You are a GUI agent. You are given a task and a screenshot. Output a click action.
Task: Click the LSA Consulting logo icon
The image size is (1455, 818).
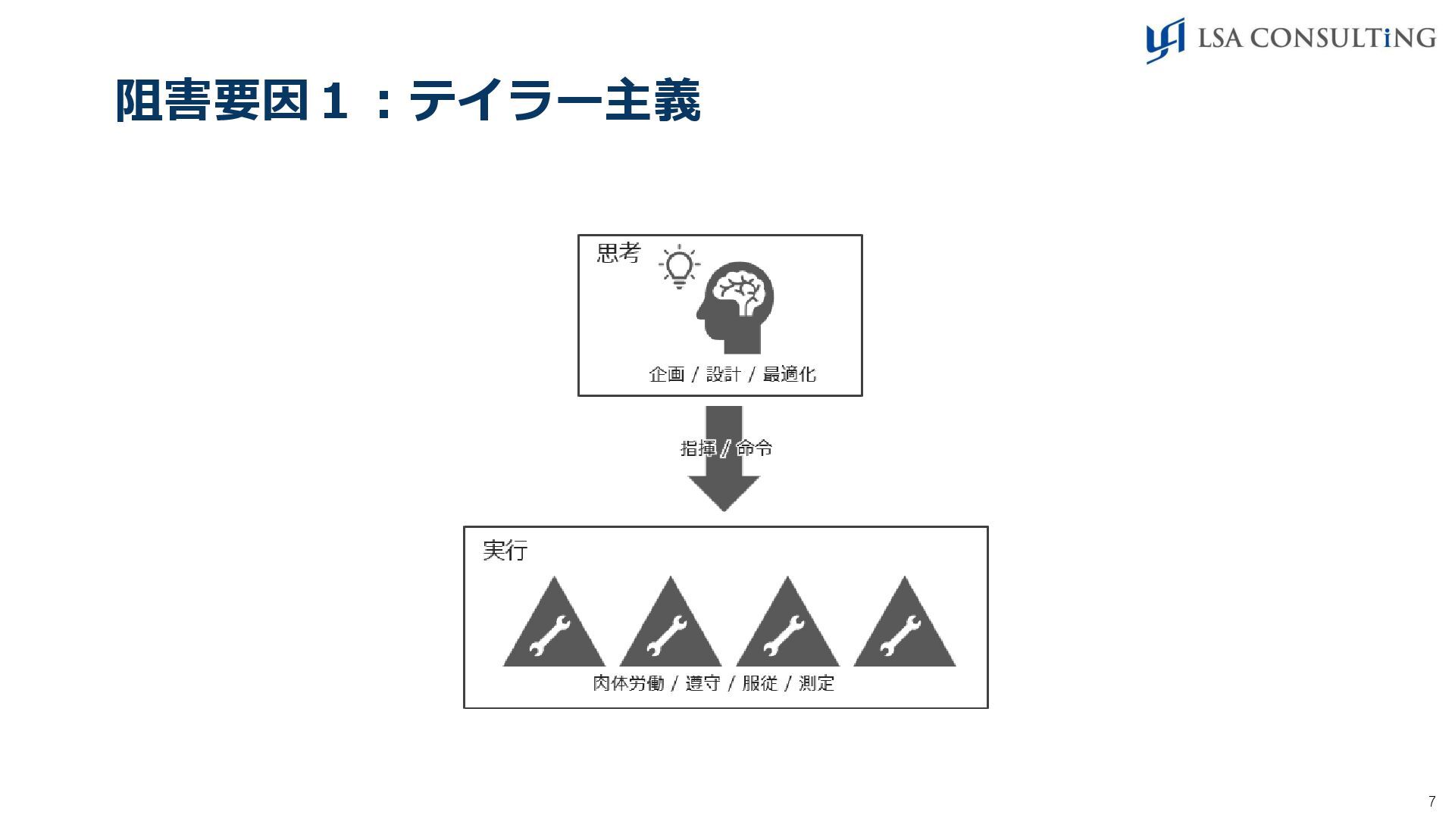(1165, 40)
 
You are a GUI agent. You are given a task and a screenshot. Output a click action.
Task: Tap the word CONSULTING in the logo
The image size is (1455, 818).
(1342, 38)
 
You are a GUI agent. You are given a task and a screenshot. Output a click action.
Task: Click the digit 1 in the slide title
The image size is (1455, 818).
(333, 101)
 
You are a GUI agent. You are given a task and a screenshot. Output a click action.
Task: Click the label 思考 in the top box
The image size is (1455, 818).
(618, 253)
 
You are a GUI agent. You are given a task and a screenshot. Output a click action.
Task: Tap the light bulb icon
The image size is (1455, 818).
(679, 267)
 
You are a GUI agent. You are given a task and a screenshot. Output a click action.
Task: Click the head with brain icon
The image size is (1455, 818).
(736, 307)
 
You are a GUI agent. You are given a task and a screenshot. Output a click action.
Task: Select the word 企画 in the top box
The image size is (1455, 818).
(667, 374)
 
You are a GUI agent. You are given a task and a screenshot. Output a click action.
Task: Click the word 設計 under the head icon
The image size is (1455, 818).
(723, 374)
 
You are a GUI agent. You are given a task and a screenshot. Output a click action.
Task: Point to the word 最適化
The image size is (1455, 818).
(789, 374)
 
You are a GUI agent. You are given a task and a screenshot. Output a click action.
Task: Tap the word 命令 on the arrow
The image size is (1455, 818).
(755, 448)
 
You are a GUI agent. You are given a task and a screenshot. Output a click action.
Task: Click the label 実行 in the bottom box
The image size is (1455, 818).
(505, 551)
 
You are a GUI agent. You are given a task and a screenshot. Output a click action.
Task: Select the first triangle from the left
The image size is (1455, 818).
(554, 629)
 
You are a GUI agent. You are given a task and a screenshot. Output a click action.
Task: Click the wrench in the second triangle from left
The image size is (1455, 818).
(668, 635)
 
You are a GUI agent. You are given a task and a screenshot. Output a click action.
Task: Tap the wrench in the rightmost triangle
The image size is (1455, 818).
(901, 635)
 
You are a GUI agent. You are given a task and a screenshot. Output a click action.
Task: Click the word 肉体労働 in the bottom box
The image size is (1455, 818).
(628, 683)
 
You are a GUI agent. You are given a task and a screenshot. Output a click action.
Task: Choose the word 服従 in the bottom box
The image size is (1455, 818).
(759, 683)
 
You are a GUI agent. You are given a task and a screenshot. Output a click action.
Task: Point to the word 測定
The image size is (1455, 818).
(816, 683)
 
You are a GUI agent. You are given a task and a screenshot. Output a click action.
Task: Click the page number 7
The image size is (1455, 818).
(1432, 801)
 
